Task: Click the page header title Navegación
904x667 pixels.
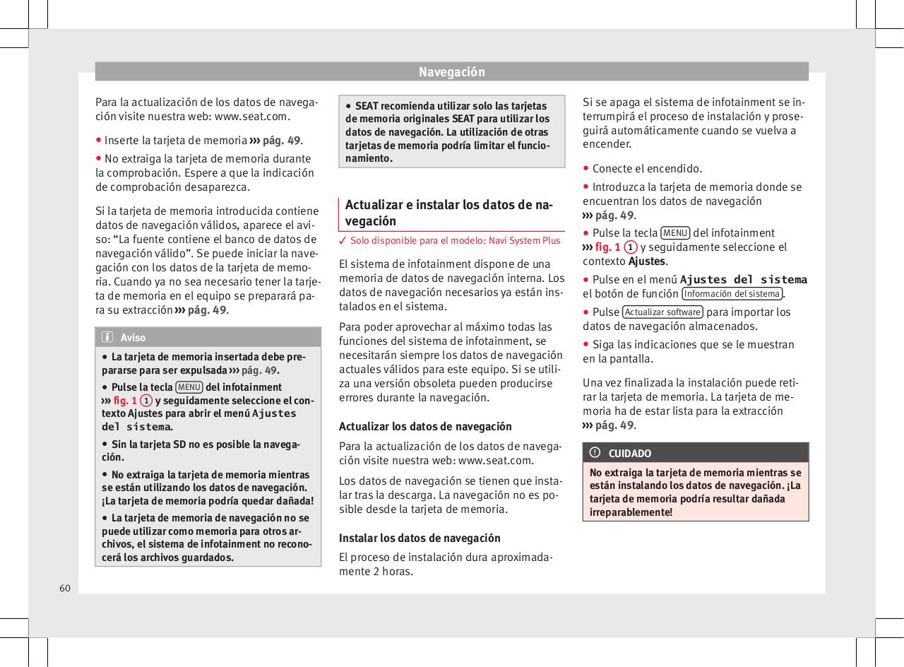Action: click(x=451, y=72)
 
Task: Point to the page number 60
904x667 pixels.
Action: click(x=65, y=588)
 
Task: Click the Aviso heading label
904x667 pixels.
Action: click(x=133, y=338)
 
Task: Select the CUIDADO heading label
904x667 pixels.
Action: click(x=630, y=453)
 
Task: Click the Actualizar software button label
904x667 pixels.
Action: click(x=662, y=312)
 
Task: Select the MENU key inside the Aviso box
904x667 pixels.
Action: click(x=189, y=387)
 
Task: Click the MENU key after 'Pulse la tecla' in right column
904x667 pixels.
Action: click(x=675, y=233)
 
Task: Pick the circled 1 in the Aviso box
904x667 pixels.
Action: click(x=145, y=401)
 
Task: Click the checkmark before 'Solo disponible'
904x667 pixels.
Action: click(x=343, y=241)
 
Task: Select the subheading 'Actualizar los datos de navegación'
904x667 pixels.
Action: click(x=425, y=427)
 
